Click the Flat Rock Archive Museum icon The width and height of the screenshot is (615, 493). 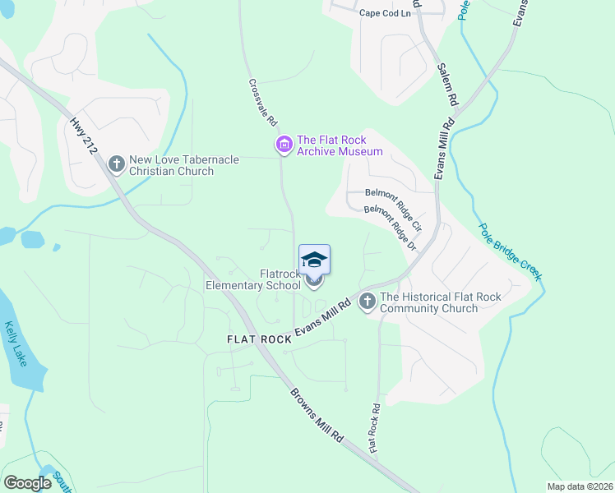(284, 145)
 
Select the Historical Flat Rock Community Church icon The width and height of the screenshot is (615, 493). (367, 302)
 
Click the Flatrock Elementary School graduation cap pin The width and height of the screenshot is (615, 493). (314, 261)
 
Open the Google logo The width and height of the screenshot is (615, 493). (28, 483)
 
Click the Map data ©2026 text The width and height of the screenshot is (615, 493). (580, 486)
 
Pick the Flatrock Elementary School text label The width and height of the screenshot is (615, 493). (253, 280)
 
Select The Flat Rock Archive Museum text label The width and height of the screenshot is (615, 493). (340, 145)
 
